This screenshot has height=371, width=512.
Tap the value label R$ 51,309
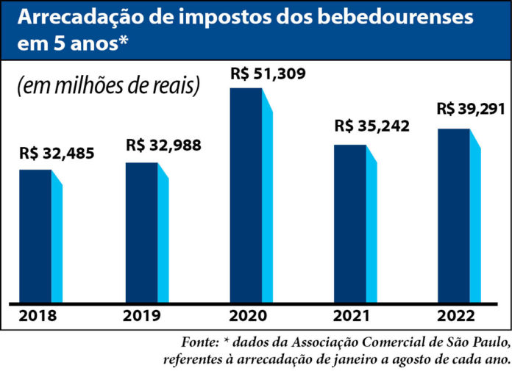click(x=267, y=74)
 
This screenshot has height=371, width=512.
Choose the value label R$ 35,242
click(x=371, y=126)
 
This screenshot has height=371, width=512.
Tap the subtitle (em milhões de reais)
click(x=108, y=87)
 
